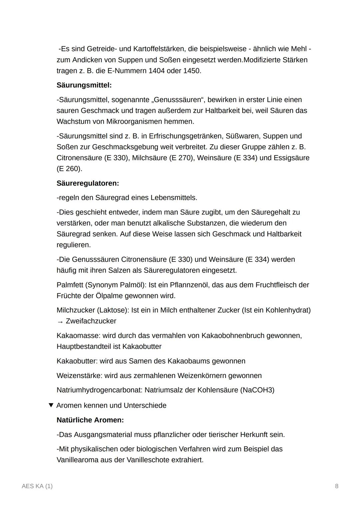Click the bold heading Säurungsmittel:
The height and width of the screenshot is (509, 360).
pos(84,85)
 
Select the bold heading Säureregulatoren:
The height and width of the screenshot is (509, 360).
pos(88,183)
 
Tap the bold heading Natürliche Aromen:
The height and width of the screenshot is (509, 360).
pos(90,420)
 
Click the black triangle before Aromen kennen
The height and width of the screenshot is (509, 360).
pos(51,405)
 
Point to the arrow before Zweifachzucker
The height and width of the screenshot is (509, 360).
pos(60,321)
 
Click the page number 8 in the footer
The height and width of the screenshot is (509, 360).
pos(337,486)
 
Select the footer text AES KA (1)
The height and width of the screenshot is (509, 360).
pos(37,486)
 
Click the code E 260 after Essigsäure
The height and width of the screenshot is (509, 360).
pos(69,169)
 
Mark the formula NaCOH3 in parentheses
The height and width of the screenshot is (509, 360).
pos(257,390)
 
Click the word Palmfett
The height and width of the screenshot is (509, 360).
pos(70,285)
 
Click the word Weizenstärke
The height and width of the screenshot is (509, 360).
pos(79,376)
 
